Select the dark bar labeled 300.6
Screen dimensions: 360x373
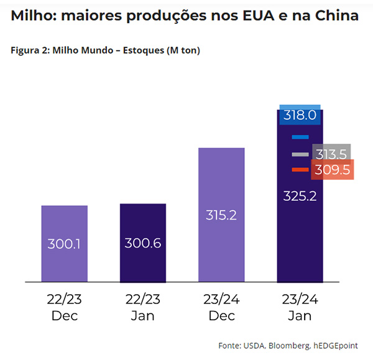143,242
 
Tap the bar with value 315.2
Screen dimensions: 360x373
221,215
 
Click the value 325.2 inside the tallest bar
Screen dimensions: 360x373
300,196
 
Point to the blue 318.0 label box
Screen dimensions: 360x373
300,115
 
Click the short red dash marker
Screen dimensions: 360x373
300,170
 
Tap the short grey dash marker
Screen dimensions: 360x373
300,154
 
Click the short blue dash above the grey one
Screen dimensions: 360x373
300,137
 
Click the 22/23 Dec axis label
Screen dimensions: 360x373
65,307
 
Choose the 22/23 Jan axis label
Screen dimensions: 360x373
143,307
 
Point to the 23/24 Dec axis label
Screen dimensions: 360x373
221,307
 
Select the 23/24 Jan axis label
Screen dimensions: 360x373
300,307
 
